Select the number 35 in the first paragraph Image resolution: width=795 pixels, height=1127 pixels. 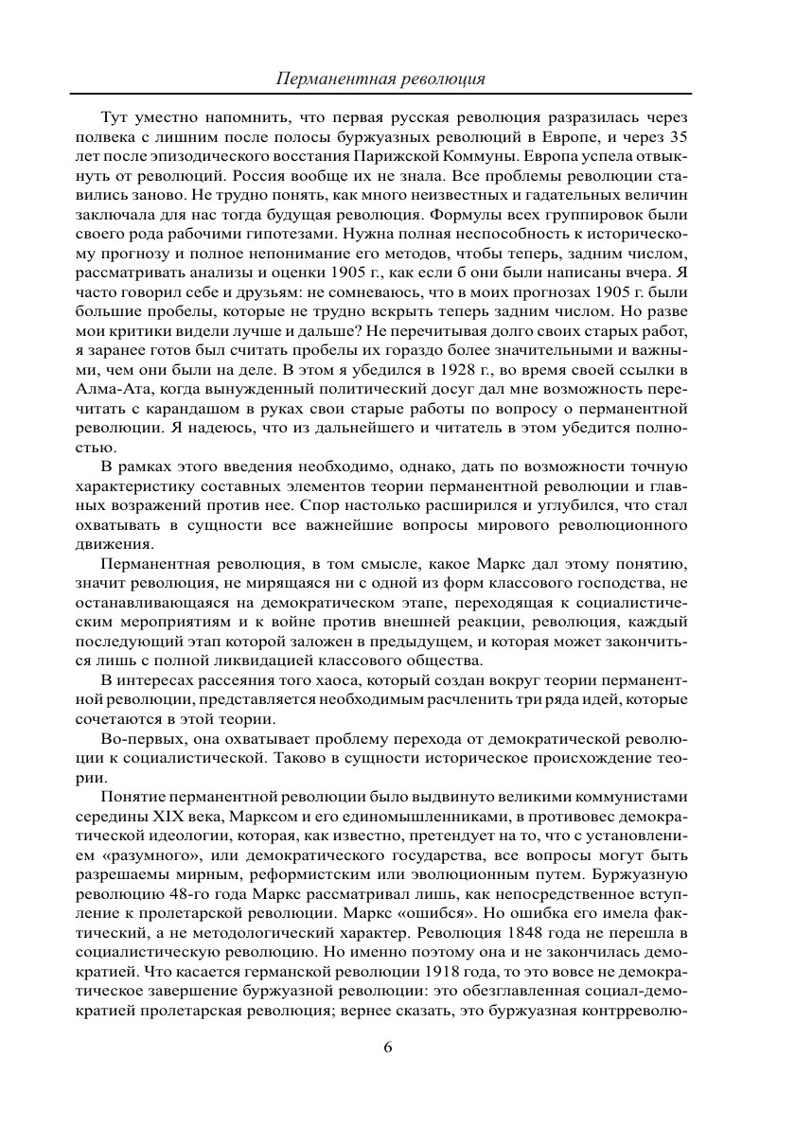click(x=676, y=135)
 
